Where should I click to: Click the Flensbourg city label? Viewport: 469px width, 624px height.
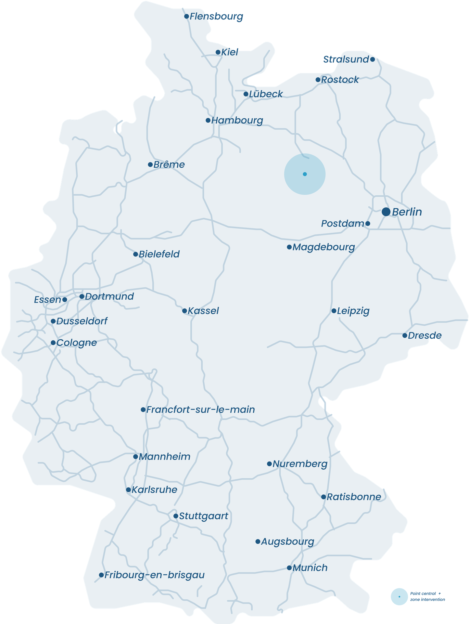click(x=216, y=16)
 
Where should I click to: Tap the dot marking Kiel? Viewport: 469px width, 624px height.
click(x=218, y=52)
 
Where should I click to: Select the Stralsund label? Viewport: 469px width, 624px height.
click(x=346, y=59)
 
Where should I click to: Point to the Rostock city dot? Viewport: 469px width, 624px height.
click(x=318, y=80)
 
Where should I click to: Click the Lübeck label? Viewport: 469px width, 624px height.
click(x=266, y=94)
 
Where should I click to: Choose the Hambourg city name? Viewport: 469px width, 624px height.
click(x=237, y=121)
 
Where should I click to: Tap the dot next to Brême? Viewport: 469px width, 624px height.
click(x=150, y=165)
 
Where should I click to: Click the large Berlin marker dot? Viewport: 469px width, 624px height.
click(x=386, y=212)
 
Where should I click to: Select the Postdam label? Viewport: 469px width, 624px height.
click(x=342, y=224)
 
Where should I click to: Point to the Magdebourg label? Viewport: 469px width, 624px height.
click(x=323, y=247)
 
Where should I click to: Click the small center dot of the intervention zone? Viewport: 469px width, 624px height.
click(x=305, y=174)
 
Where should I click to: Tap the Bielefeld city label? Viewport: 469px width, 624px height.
click(x=159, y=254)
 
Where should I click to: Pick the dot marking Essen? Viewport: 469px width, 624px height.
click(x=65, y=300)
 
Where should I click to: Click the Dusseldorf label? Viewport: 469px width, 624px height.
click(x=82, y=321)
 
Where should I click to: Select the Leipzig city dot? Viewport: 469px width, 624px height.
click(x=334, y=311)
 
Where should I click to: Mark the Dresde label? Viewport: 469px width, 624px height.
click(x=425, y=335)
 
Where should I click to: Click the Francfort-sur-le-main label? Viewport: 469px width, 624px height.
click(x=200, y=409)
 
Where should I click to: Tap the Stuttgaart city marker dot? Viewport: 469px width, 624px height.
click(x=176, y=516)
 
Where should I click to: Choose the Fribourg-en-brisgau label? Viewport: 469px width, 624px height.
click(x=155, y=575)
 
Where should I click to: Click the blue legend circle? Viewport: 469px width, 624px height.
click(x=399, y=597)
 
